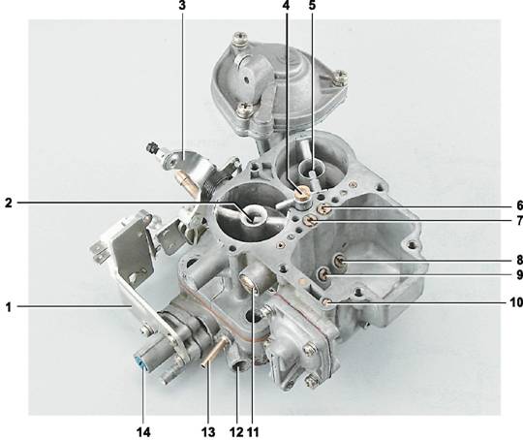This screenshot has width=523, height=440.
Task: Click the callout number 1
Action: click(x=9, y=307)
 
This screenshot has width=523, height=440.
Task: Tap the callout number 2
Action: click(x=9, y=203)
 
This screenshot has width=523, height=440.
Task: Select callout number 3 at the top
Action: click(x=182, y=6)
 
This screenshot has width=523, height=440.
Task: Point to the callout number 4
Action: click(x=286, y=6)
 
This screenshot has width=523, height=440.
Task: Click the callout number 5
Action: click(x=312, y=6)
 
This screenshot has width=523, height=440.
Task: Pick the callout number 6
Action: click(x=519, y=205)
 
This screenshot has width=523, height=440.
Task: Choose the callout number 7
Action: click(x=519, y=221)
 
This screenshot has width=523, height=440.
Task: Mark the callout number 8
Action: click(x=519, y=260)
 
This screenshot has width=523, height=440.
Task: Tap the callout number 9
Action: click(x=519, y=274)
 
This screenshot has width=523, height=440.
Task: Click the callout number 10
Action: click(x=516, y=302)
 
